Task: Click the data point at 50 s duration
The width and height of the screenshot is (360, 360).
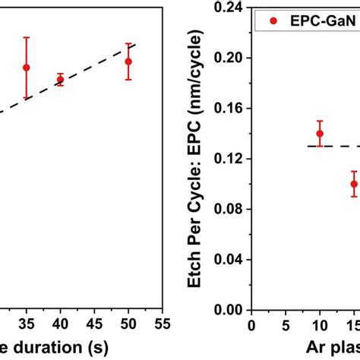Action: (128, 62)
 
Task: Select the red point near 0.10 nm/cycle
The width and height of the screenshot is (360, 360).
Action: (354, 184)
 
